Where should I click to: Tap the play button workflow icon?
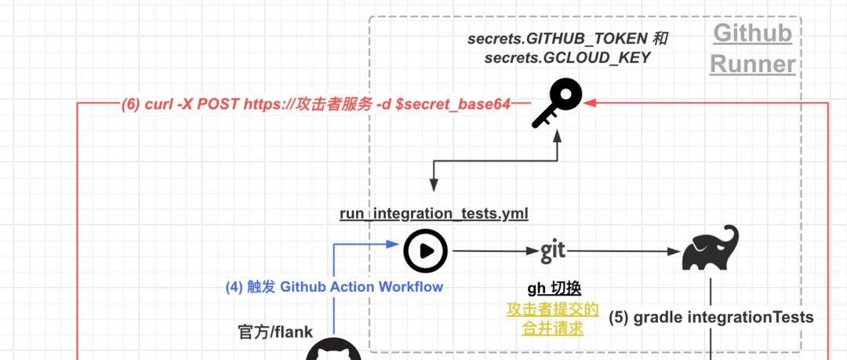tap(426, 251)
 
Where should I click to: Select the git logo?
tap(553, 251)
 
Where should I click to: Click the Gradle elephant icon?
tap(710, 248)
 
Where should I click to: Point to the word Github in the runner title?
tap(752, 34)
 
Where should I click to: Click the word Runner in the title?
tap(752, 64)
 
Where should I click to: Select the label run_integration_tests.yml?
tap(434, 214)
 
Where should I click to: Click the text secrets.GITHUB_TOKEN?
tap(557, 39)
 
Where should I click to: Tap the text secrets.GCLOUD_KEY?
tap(567, 57)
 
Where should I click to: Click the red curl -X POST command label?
tap(316, 104)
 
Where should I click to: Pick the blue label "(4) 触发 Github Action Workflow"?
tap(334, 286)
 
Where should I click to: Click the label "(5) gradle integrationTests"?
tap(711, 318)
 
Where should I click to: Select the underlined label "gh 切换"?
tap(554, 289)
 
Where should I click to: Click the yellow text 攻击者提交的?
tap(553, 310)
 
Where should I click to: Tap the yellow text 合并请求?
tap(553, 328)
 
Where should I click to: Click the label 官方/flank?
tap(275, 331)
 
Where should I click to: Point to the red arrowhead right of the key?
tap(589, 102)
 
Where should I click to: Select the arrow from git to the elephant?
tap(623, 251)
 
